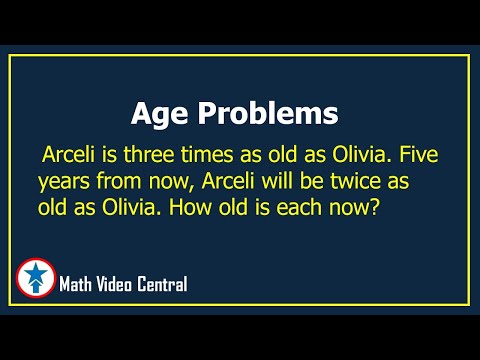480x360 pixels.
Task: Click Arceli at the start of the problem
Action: tap(72, 158)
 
